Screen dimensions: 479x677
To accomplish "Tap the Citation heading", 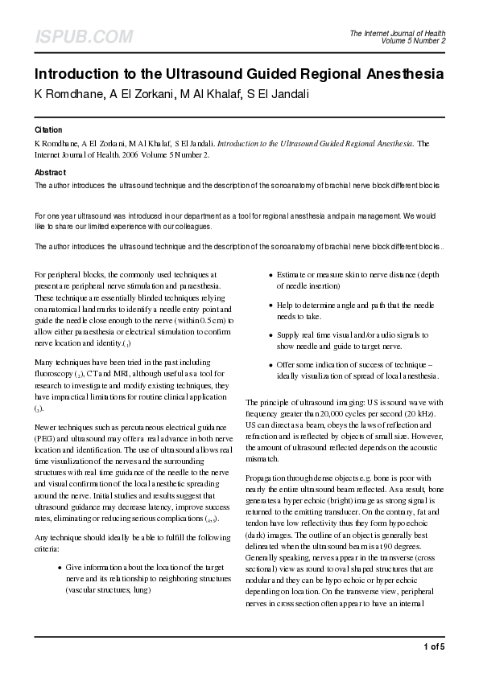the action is pyautogui.click(x=48, y=129).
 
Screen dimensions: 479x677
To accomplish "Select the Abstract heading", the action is pyautogui.click(x=50, y=172).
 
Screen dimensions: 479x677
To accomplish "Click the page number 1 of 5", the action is pyautogui.click(x=433, y=646).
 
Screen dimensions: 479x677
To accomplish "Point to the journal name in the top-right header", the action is pyautogui.click(x=398, y=32).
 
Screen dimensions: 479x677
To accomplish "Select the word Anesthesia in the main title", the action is pyautogui.click(x=397, y=74).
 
